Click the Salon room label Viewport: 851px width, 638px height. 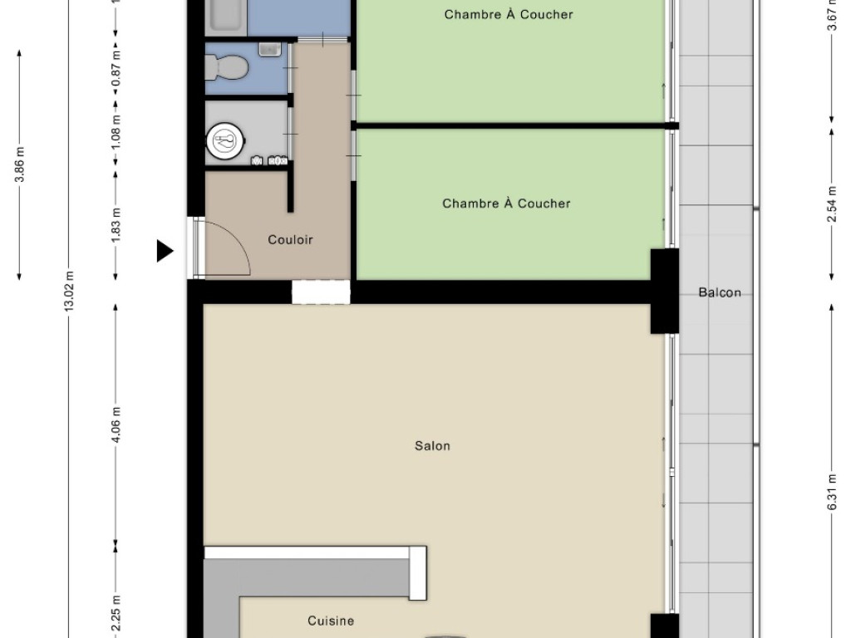pyautogui.click(x=432, y=446)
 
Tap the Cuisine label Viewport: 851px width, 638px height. pyautogui.click(x=331, y=621)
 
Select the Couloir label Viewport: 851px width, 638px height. pyautogui.click(x=290, y=240)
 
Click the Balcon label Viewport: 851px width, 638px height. pyautogui.click(x=720, y=293)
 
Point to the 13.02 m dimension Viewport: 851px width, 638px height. pyautogui.click(x=69, y=291)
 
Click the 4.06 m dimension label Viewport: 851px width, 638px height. pyautogui.click(x=116, y=425)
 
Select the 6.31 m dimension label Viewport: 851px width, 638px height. pyautogui.click(x=832, y=492)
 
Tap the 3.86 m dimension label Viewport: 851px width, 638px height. pyautogui.click(x=20, y=164)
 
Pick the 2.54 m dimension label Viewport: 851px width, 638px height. pyautogui.click(x=832, y=204)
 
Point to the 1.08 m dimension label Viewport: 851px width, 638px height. pyautogui.click(x=116, y=134)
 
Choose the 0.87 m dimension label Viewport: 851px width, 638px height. pyautogui.click(x=116, y=69)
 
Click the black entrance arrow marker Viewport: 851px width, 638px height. pyautogui.click(x=165, y=251)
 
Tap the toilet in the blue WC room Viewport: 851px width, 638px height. pyautogui.click(x=227, y=68)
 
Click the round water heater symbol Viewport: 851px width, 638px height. pyautogui.click(x=225, y=141)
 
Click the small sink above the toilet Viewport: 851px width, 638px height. pyautogui.click(x=270, y=49)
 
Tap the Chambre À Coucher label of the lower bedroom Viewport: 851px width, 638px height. pyautogui.click(x=506, y=204)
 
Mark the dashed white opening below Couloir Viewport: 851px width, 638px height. pyautogui.click(x=321, y=292)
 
